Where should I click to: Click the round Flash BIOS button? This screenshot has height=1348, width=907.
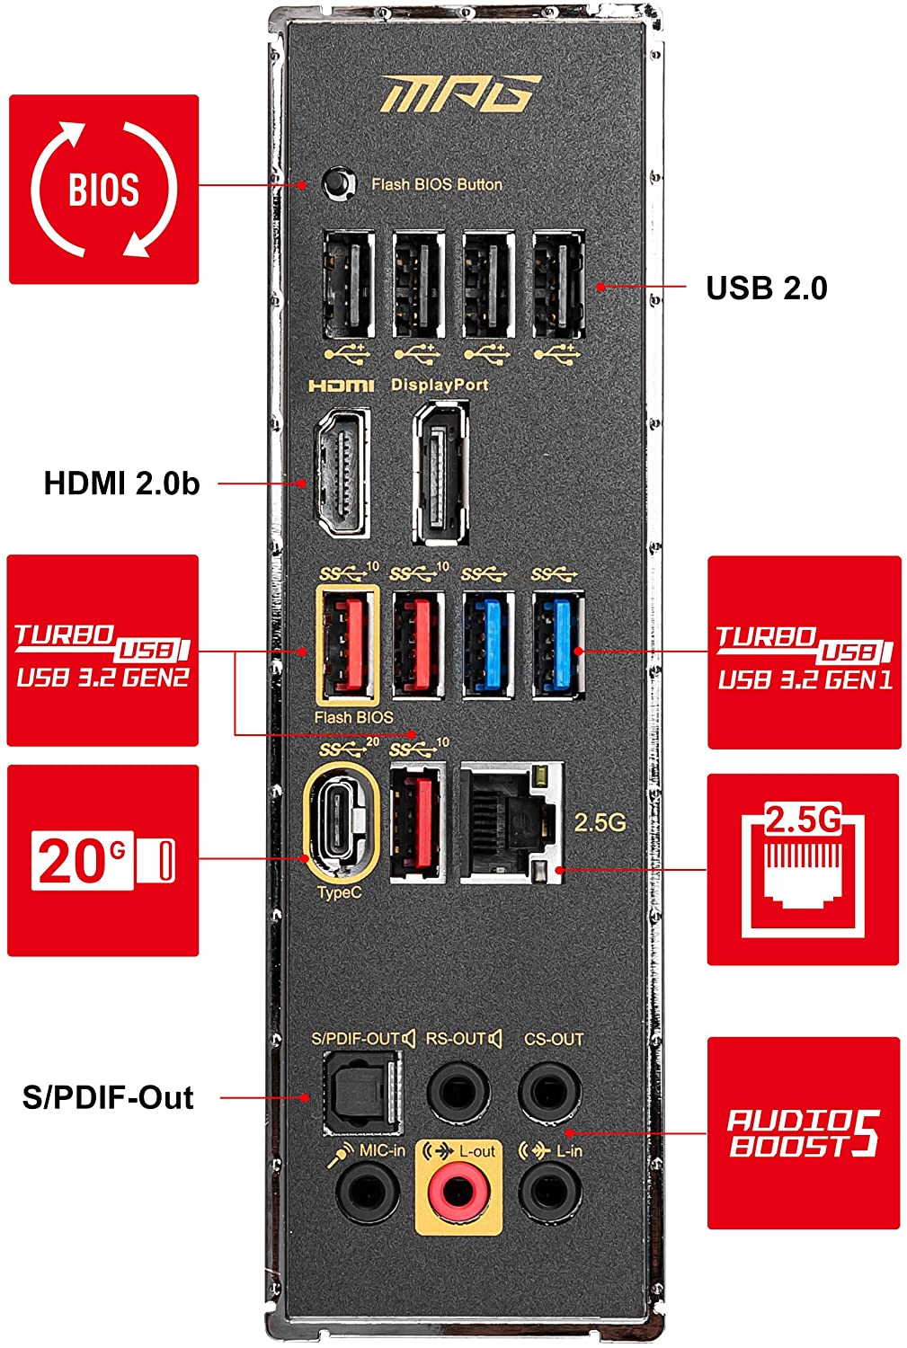[337, 182]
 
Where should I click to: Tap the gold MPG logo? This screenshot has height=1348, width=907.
[459, 93]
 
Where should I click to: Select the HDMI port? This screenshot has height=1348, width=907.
[342, 474]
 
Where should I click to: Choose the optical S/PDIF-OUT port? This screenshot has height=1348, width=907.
[362, 1092]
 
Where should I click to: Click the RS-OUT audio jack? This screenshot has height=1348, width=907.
[458, 1092]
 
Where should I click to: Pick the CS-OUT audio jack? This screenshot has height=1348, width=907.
[550, 1092]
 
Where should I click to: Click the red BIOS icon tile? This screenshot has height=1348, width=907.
[103, 190]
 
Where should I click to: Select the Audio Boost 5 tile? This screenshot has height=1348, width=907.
[803, 1132]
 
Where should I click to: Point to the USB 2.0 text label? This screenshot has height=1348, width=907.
[766, 288]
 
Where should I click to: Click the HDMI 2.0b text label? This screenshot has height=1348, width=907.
[121, 483]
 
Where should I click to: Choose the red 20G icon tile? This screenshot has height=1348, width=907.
[102, 860]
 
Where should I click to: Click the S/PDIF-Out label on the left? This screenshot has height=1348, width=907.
[108, 1097]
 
